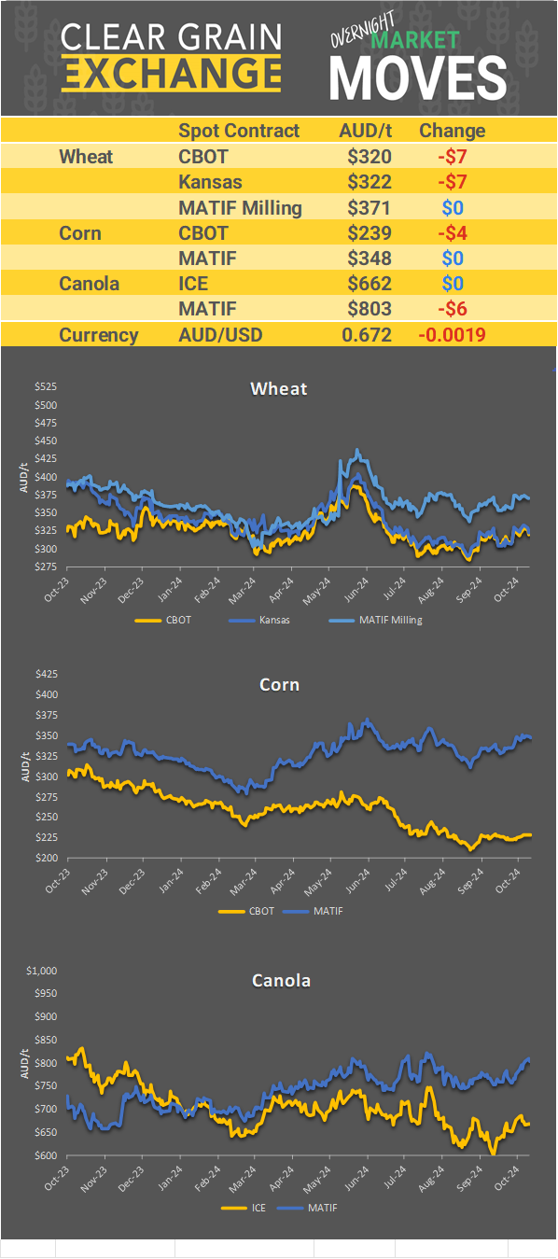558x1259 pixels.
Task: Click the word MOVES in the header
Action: click(x=418, y=77)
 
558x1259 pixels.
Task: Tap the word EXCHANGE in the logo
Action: click(x=172, y=72)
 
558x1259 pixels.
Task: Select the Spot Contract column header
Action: click(x=239, y=131)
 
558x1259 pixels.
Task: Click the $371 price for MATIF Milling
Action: click(x=369, y=207)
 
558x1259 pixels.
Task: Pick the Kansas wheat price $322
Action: click(x=369, y=182)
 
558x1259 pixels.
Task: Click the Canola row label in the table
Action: click(x=89, y=284)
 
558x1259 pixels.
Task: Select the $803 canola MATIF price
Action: click(x=369, y=309)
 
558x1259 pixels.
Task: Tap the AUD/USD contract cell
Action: click(x=221, y=335)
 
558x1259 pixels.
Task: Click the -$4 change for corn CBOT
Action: click(x=452, y=233)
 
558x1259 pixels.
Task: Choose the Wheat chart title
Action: click(x=278, y=388)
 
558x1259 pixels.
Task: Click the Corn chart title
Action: click(x=279, y=685)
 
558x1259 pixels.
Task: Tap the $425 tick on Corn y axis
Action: click(x=46, y=673)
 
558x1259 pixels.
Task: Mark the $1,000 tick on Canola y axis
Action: click(x=43, y=971)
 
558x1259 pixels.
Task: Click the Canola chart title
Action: click(x=281, y=980)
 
